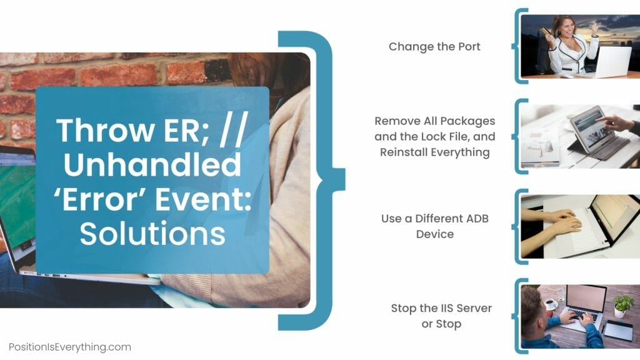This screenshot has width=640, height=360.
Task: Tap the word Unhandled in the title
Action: point(152,165)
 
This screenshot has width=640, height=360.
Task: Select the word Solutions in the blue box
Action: point(152,233)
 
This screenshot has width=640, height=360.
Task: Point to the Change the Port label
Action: point(434,46)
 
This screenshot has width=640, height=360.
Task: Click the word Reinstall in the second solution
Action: point(406,152)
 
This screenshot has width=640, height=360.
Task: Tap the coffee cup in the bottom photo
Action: point(551,305)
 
